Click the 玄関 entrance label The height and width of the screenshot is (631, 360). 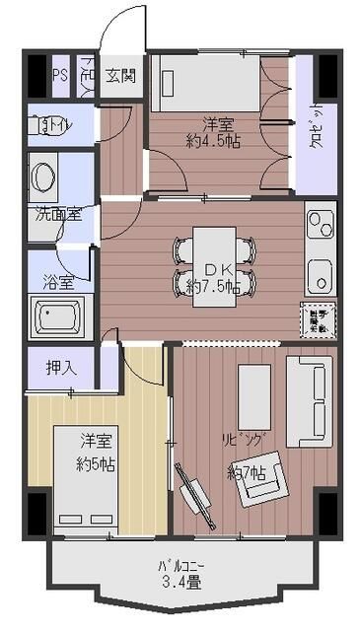(x=123, y=75)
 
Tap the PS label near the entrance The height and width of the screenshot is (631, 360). (x=60, y=75)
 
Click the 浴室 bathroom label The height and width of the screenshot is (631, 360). (x=57, y=282)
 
